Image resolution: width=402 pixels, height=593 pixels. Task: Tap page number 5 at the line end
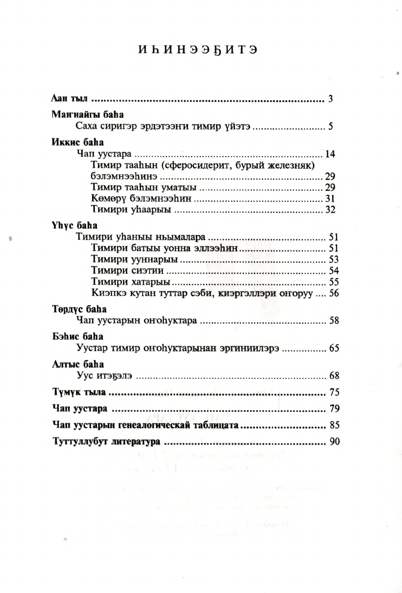pyautogui.click(x=330, y=127)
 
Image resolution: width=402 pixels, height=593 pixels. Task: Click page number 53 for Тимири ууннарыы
pyautogui.click(x=334, y=259)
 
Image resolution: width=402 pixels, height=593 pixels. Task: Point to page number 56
pyautogui.click(x=334, y=293)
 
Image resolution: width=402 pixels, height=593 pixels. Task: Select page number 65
pyautogui.click(x=334, y=349)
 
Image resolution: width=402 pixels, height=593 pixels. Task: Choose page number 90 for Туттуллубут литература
pyautogui.click(x=334, y=442)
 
